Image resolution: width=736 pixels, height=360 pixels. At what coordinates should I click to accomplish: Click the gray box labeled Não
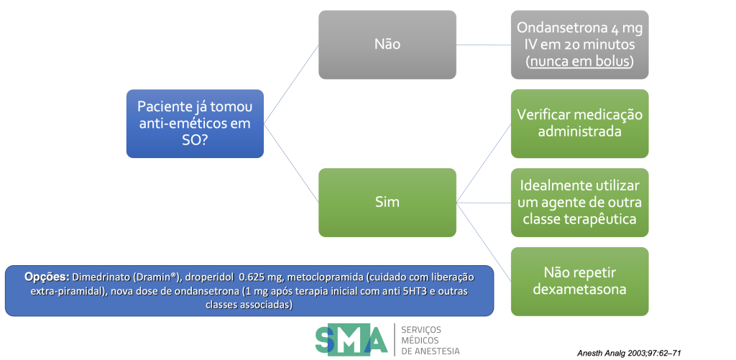(x=387, y=45)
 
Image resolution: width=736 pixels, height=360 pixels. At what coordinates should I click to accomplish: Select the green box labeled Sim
(x=387, y=203)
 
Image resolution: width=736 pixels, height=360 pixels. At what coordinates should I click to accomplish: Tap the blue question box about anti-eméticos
(x=195, y=124)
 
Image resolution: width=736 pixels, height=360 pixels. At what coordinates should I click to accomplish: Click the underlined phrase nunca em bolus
(x=580, y=62)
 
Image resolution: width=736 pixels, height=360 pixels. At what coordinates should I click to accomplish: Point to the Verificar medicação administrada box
(x=580, y=124)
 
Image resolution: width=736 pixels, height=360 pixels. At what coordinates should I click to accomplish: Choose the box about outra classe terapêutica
(x=580, y=203)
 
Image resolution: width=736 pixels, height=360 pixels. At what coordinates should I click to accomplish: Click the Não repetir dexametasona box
(x=580, y=281)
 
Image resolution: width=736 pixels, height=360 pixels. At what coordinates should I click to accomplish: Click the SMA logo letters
(x=351, y=339)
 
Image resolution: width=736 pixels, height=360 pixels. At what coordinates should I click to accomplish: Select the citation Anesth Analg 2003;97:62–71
(x=629, y=353)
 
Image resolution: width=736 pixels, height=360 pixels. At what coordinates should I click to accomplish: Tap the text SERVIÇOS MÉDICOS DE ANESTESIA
(x=430, y=340)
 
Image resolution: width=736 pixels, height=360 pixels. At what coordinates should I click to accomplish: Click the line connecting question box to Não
(x=291, y=84)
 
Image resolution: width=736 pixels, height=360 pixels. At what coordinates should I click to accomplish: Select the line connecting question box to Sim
(x=291, y=163)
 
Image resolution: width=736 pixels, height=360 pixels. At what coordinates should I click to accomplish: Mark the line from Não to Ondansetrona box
(x=484, y=45)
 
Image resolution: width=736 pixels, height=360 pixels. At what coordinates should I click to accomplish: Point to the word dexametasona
(x=580, y=289)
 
